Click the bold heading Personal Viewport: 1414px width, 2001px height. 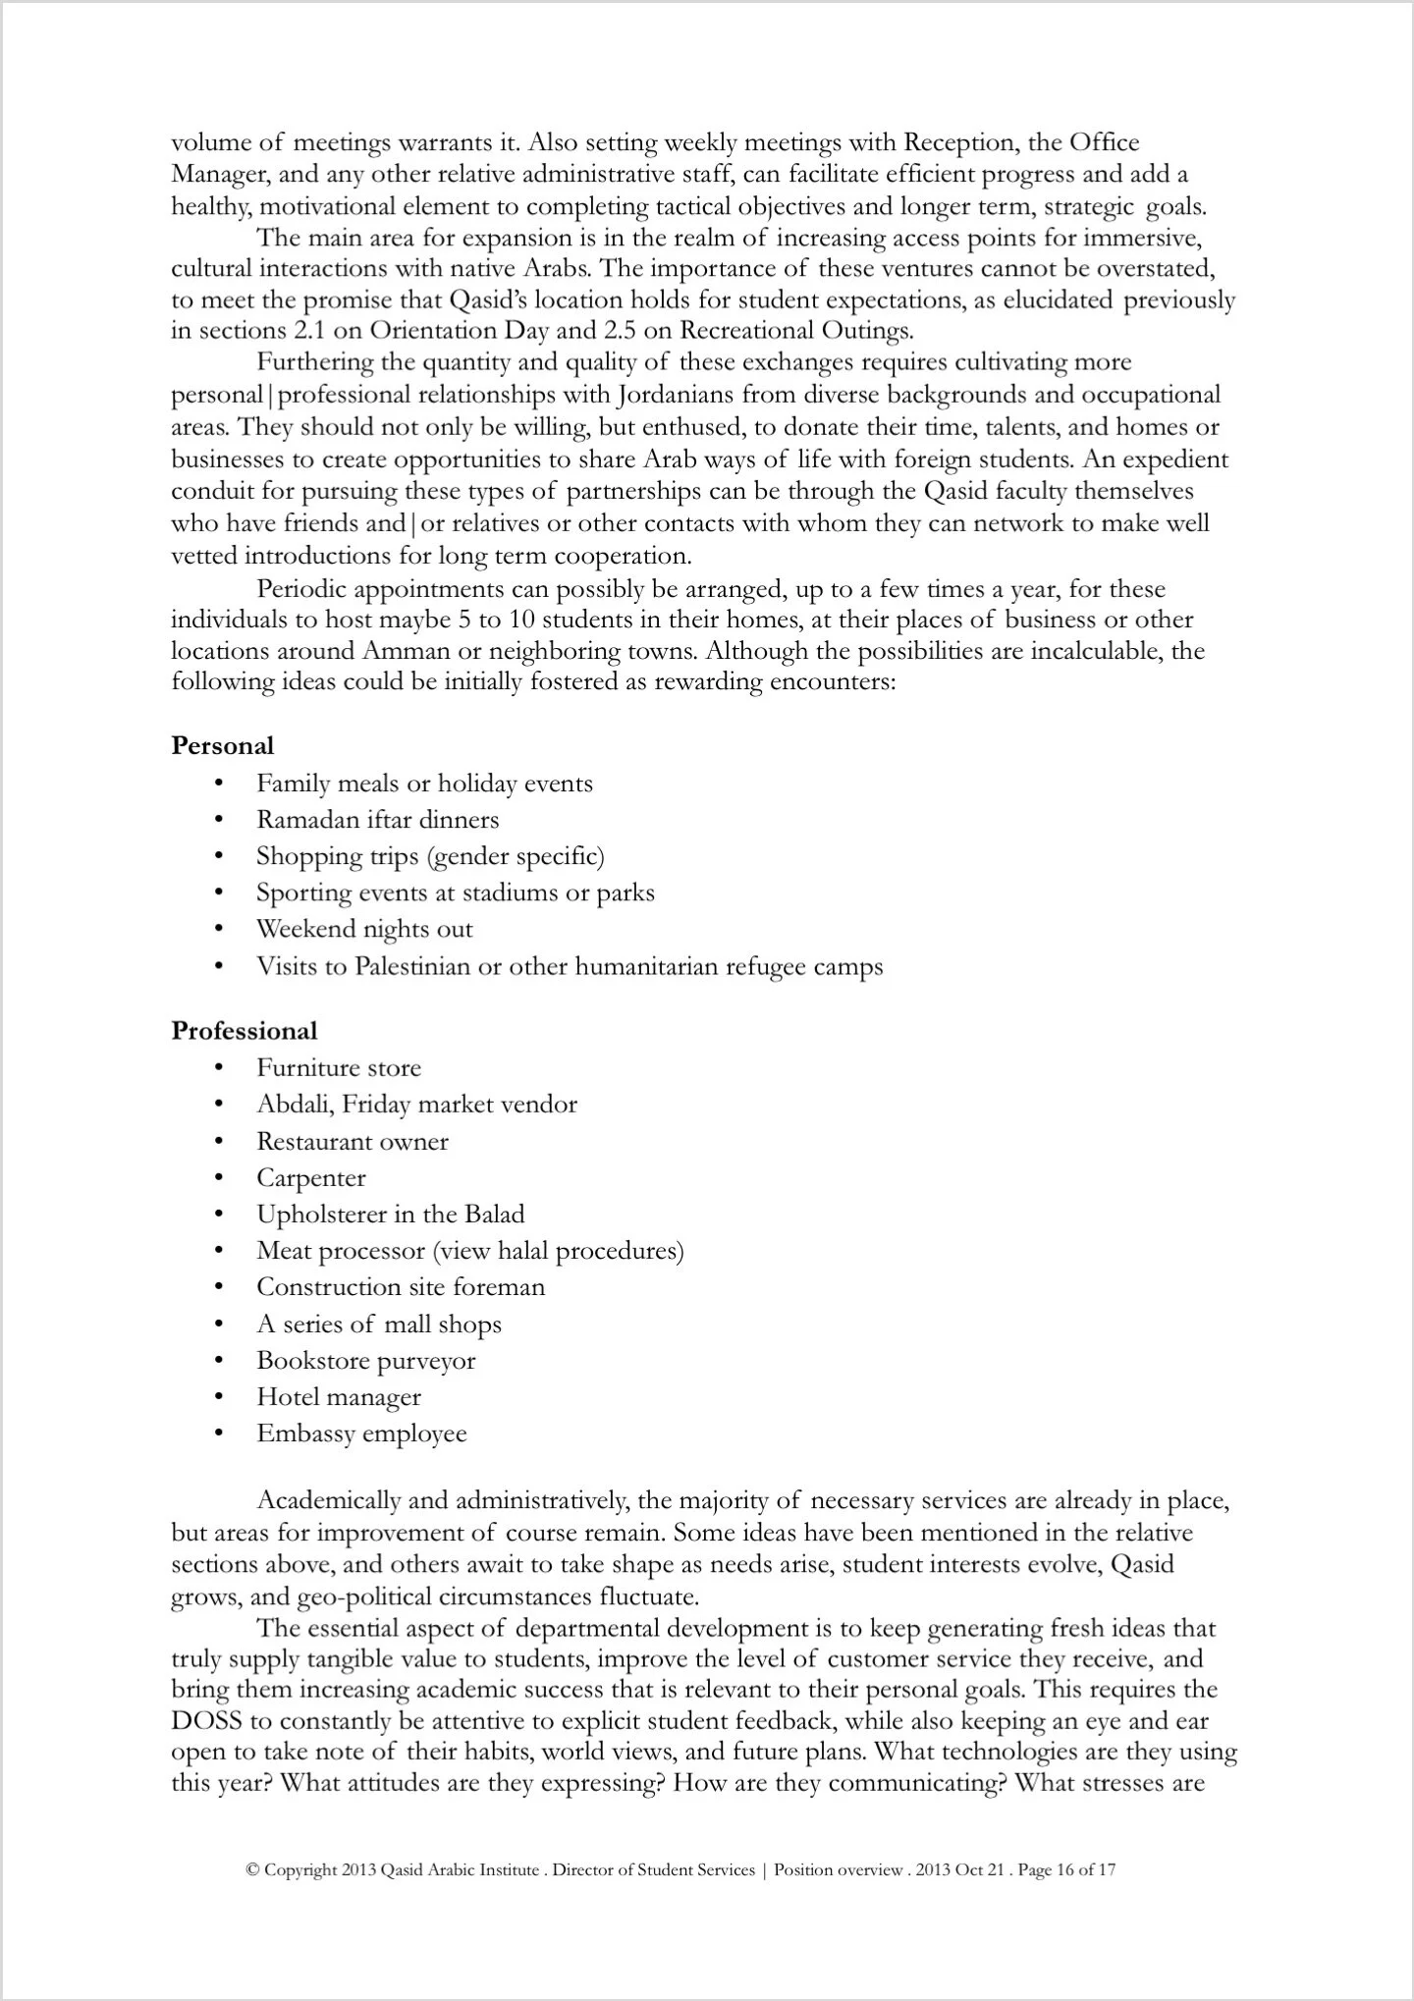(223, 745)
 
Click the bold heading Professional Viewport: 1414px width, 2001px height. (245, 1030)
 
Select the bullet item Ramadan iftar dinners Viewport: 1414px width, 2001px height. (377, 820)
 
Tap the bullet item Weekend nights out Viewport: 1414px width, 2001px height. (364, 929)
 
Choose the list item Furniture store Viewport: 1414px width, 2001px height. (339, 1067)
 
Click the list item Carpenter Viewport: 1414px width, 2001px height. (311, 1177)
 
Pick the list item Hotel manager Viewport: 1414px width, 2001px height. (339, 1396)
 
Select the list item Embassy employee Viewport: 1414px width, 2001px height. (361, 1433)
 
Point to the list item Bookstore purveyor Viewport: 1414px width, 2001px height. (365, 1360)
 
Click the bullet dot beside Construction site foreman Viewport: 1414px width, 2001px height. (219, 1287)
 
